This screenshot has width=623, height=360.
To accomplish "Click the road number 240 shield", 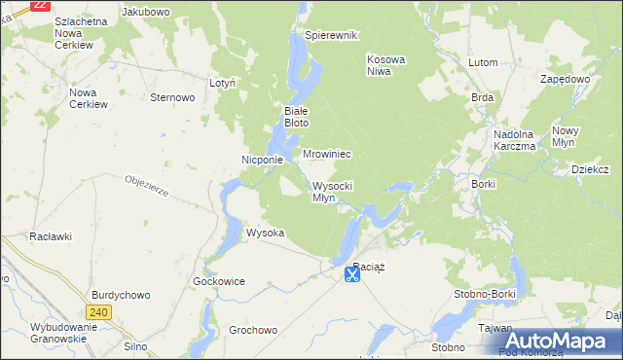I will [97, 312].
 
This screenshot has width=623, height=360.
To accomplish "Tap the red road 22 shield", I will [40, 5].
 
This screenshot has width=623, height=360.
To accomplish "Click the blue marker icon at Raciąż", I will [351, 275].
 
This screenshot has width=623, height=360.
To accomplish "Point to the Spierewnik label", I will [332, 35].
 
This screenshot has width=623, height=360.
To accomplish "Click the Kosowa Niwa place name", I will [385, 65].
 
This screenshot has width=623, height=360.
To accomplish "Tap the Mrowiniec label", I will [326, 154].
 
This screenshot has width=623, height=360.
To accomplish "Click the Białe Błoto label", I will [296, 117].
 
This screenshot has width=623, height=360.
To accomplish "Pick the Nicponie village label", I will [262, 160].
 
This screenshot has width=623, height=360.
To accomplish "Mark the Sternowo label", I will [173, 97].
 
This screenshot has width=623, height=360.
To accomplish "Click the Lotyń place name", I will [223, 84].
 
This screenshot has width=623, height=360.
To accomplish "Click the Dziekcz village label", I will [590, 168].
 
